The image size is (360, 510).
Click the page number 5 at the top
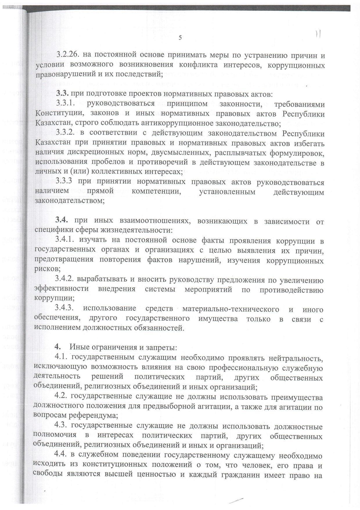pos(180,38)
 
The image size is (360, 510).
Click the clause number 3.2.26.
pos(68,54)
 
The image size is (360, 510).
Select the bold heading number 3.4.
pos(62,221)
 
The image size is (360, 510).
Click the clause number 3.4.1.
pos(65,240)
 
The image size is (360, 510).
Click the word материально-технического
pos(231,309)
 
